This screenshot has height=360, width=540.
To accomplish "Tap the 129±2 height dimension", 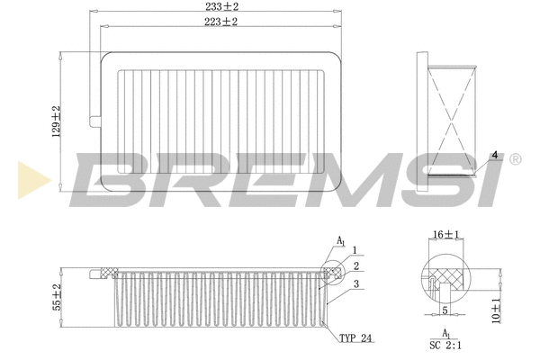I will [56, 121].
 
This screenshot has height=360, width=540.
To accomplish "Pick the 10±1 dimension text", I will [496, 310].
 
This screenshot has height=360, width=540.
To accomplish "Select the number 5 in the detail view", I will [444, 311].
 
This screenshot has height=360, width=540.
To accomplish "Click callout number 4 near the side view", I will [494, 154].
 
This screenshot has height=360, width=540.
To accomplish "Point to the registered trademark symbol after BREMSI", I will [514, 159].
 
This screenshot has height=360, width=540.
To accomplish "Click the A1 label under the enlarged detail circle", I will [445, 334].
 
